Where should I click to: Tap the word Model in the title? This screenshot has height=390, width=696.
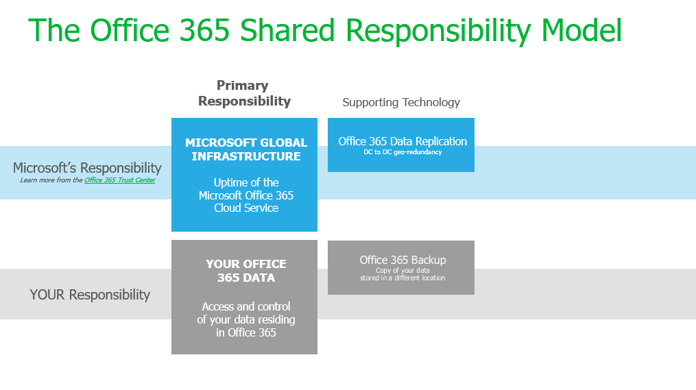581,31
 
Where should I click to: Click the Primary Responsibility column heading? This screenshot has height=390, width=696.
244,93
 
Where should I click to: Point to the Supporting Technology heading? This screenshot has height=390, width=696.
401,102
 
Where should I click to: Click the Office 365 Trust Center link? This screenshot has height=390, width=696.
119,180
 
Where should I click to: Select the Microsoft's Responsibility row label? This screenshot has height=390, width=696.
87,168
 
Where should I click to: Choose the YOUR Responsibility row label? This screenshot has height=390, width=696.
90,295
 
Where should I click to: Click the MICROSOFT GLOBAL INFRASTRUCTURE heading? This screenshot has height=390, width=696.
245,149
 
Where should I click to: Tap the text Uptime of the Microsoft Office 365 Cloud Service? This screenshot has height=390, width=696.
245,195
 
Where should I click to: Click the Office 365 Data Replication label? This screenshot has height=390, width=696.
403,141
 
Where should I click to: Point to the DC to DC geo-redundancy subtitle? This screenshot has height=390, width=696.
403,152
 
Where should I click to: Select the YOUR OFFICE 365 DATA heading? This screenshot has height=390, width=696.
245,271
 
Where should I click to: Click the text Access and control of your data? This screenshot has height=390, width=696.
245,319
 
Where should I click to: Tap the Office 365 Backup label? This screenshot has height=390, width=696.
403,260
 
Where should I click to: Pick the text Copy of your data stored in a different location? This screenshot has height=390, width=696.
403,274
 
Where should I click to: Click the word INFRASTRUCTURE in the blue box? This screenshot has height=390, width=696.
245,156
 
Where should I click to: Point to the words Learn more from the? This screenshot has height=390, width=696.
51,180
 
